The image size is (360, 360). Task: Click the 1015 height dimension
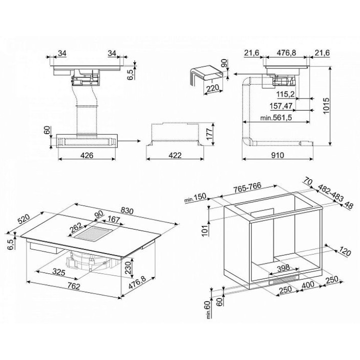(326, 105)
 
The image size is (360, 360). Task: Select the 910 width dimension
(277, 155)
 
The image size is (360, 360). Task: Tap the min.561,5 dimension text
(276, 118)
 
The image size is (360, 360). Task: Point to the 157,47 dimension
(281, 106)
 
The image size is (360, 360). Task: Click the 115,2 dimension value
(285, 94)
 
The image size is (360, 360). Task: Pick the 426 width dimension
(87, 155)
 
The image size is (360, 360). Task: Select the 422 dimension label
(175, 155)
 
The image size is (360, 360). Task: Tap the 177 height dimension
(209, 134)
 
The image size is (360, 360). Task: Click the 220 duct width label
(213, 88)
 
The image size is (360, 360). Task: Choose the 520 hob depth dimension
(24, 219)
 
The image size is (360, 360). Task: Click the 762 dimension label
(74, 286)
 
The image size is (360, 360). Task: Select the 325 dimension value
(59, 272)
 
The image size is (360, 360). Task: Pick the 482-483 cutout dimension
(330, 192)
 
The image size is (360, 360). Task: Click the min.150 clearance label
(195, 198)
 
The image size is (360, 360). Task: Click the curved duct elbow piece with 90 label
(205, 73)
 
